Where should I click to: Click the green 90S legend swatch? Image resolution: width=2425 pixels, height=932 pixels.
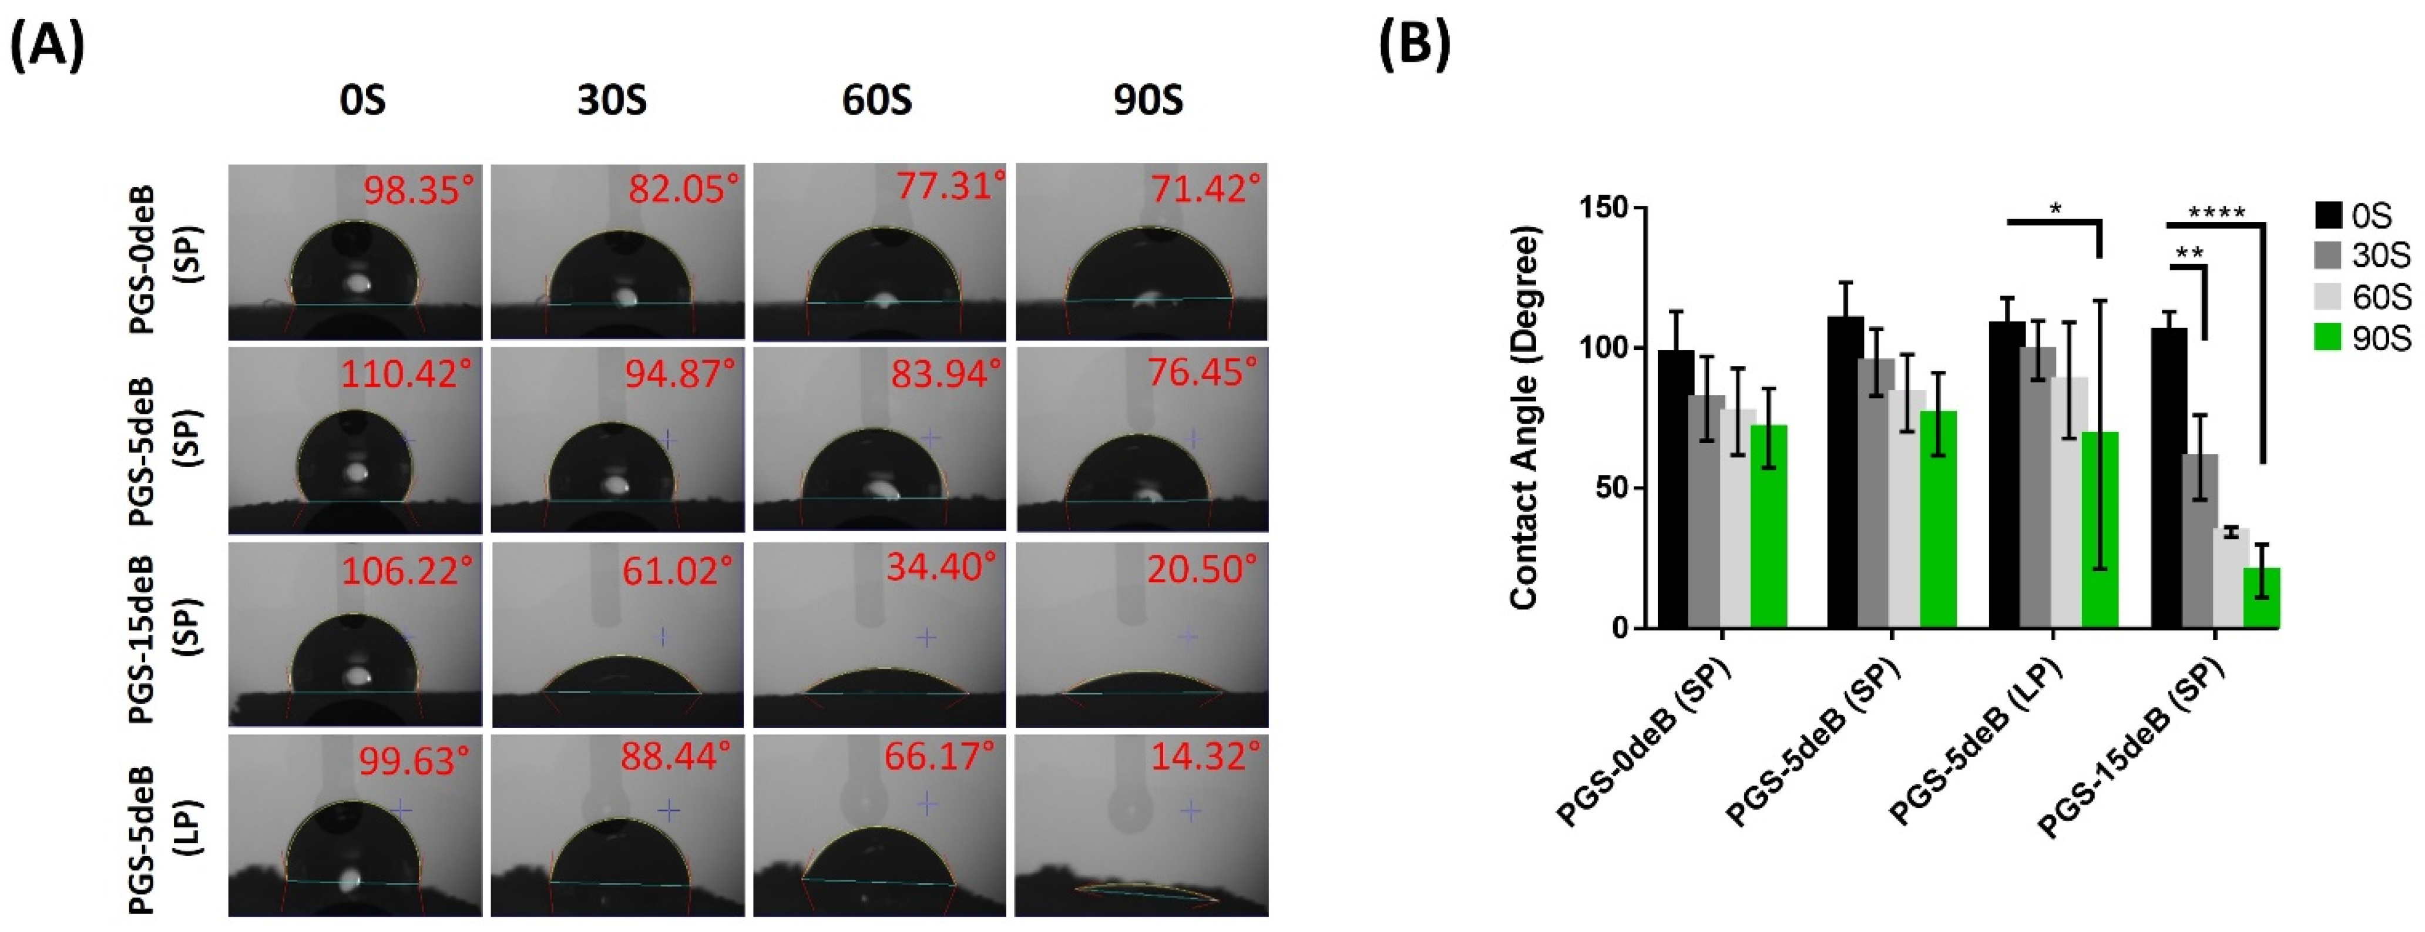(x=2327, y=337)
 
